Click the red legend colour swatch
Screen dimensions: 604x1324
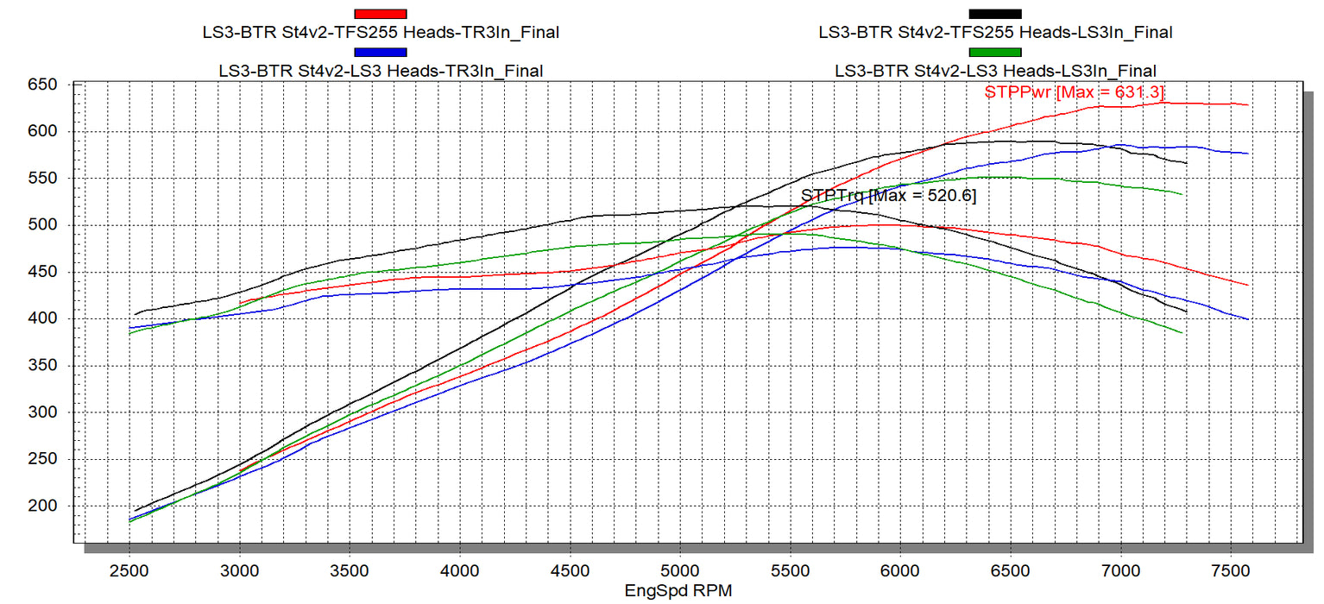click(381, 14)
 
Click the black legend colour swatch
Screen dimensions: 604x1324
click(995, 14)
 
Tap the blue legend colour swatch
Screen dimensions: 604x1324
click(381, 52)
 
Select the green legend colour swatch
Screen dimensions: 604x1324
click(995, 52)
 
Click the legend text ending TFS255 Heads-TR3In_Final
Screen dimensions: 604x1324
click(380, 33)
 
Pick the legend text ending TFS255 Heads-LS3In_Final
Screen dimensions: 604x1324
click(995, 33)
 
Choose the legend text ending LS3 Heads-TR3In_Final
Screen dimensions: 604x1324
click(381, 71)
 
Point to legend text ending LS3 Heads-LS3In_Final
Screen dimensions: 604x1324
click(995, 71)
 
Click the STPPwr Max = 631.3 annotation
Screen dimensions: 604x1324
click(1076, 92)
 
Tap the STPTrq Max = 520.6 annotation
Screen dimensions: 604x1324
click(889, 196)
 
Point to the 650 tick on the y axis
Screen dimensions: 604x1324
click(42, 85)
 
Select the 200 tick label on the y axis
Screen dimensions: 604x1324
click(42, 506)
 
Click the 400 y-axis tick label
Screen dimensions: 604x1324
click(42, 318)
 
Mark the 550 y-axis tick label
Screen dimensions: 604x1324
click(42, 179)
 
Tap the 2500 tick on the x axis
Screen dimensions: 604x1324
click(129, 570)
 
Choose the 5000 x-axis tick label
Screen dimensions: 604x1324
click(680, 570)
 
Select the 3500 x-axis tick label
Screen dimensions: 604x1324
click(350, 570)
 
